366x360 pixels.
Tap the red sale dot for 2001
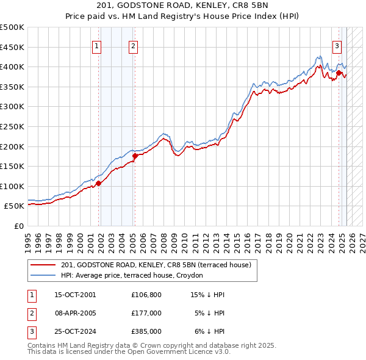coord(98,183)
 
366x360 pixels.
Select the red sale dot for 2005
coord(135,155)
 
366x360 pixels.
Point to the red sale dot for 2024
coord(339,73)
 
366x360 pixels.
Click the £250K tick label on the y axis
coord(12,126)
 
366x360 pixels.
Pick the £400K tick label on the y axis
coord(12,67)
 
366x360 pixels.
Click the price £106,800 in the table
coord(146,295)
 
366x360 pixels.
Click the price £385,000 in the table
coord(146,331)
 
